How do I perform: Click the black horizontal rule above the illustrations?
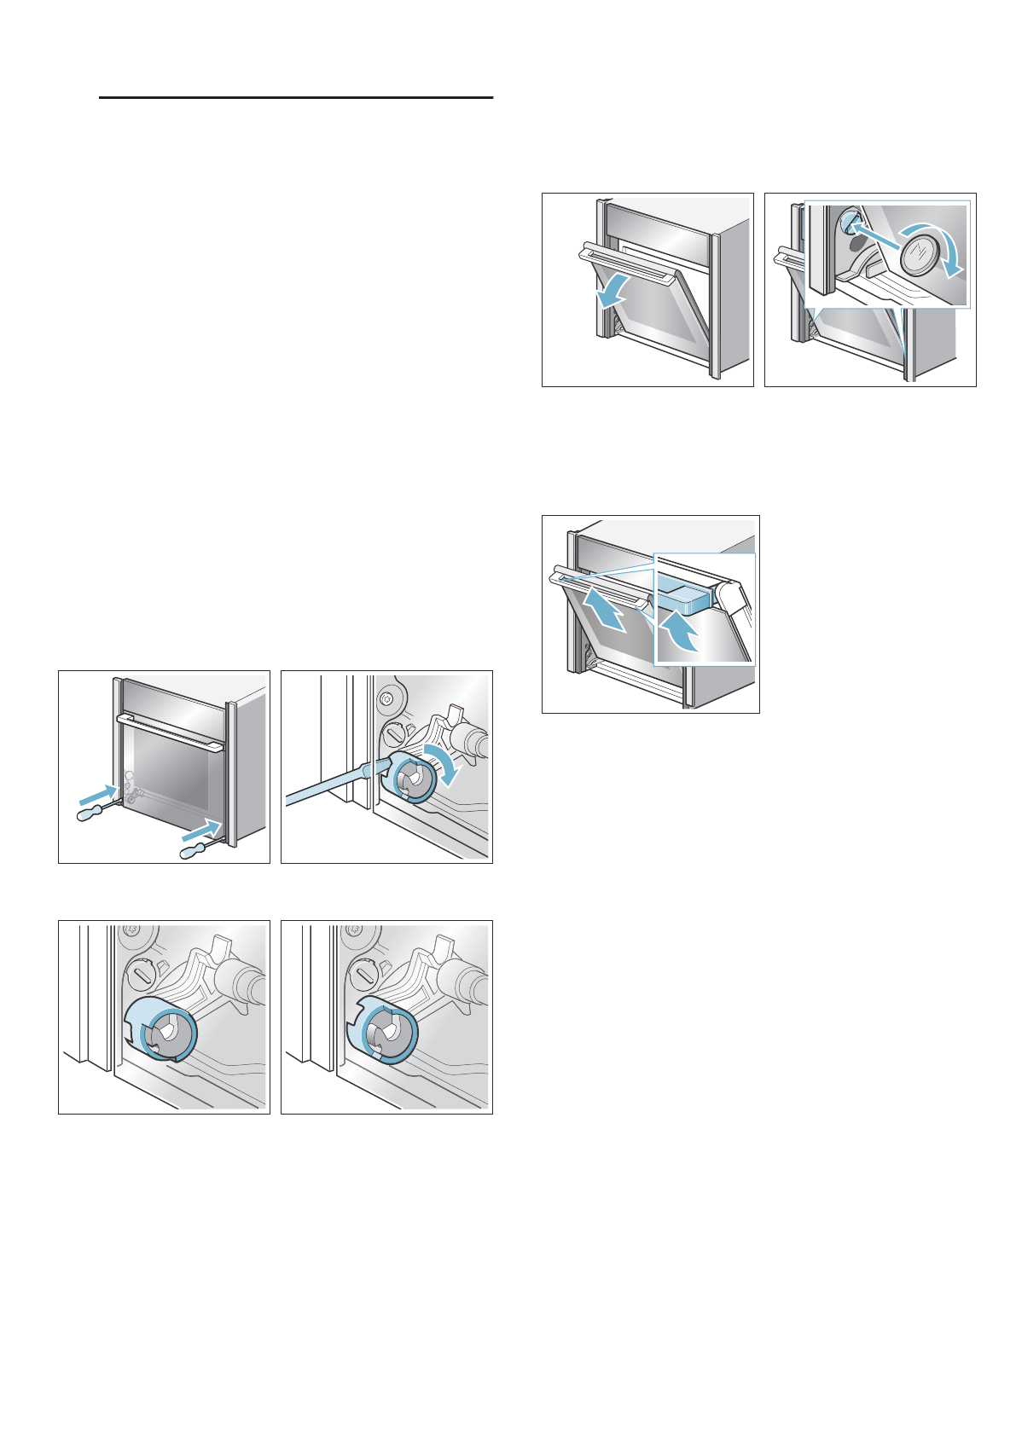[x=296, y=98]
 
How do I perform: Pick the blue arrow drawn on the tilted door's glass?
[x=605, y=614]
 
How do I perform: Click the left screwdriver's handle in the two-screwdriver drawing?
[x=91, y=814]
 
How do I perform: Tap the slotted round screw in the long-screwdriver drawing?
[x=395, y=732]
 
